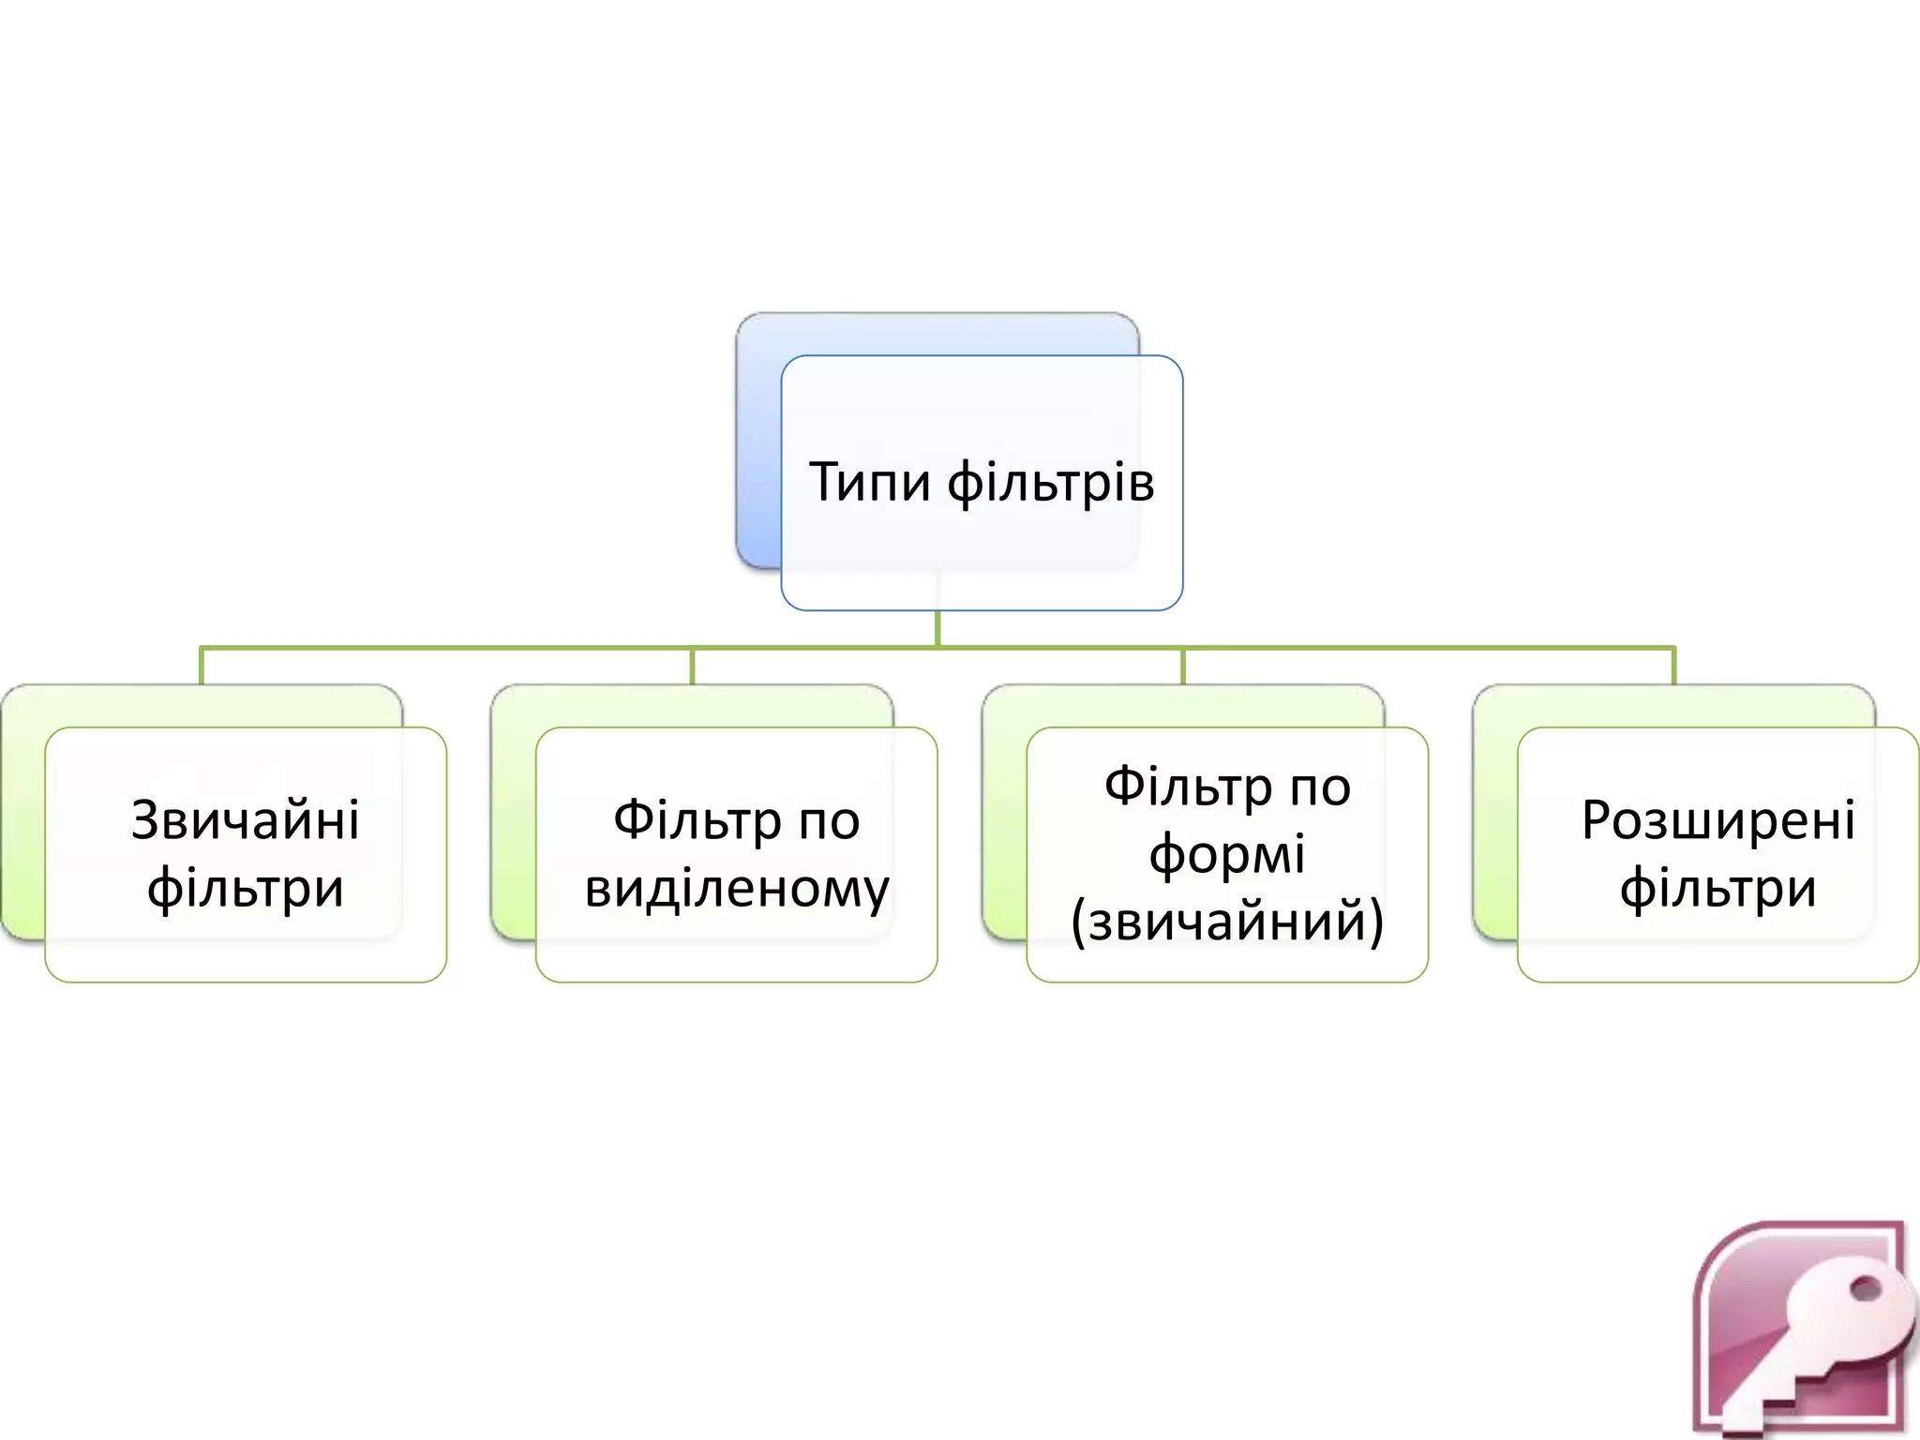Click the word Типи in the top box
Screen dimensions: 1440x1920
869,483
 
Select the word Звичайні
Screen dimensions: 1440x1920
246,820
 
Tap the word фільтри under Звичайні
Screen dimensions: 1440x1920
246,889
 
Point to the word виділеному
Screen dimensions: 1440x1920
737,889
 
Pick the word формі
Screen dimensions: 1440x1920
1227,855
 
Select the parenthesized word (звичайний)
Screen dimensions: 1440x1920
1227,922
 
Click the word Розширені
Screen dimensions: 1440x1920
1717,820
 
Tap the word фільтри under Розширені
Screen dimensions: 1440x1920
1717,889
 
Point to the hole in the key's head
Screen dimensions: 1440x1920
1866,1290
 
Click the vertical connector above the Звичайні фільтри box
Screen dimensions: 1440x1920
202,666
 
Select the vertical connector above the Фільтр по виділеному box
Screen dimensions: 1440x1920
692,666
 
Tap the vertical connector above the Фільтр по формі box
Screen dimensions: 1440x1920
1183,666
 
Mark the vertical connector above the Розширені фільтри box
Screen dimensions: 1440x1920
1673,666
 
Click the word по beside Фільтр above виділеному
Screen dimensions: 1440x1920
829,822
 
